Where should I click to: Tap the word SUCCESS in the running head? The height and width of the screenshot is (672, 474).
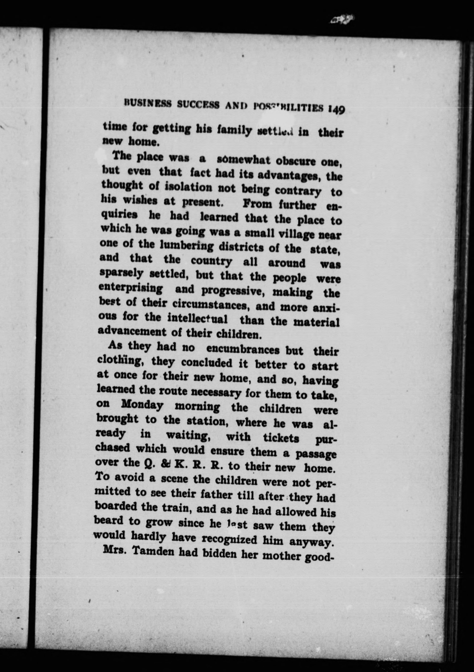coord(198,105)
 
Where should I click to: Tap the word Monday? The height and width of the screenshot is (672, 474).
coord(142,405)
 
